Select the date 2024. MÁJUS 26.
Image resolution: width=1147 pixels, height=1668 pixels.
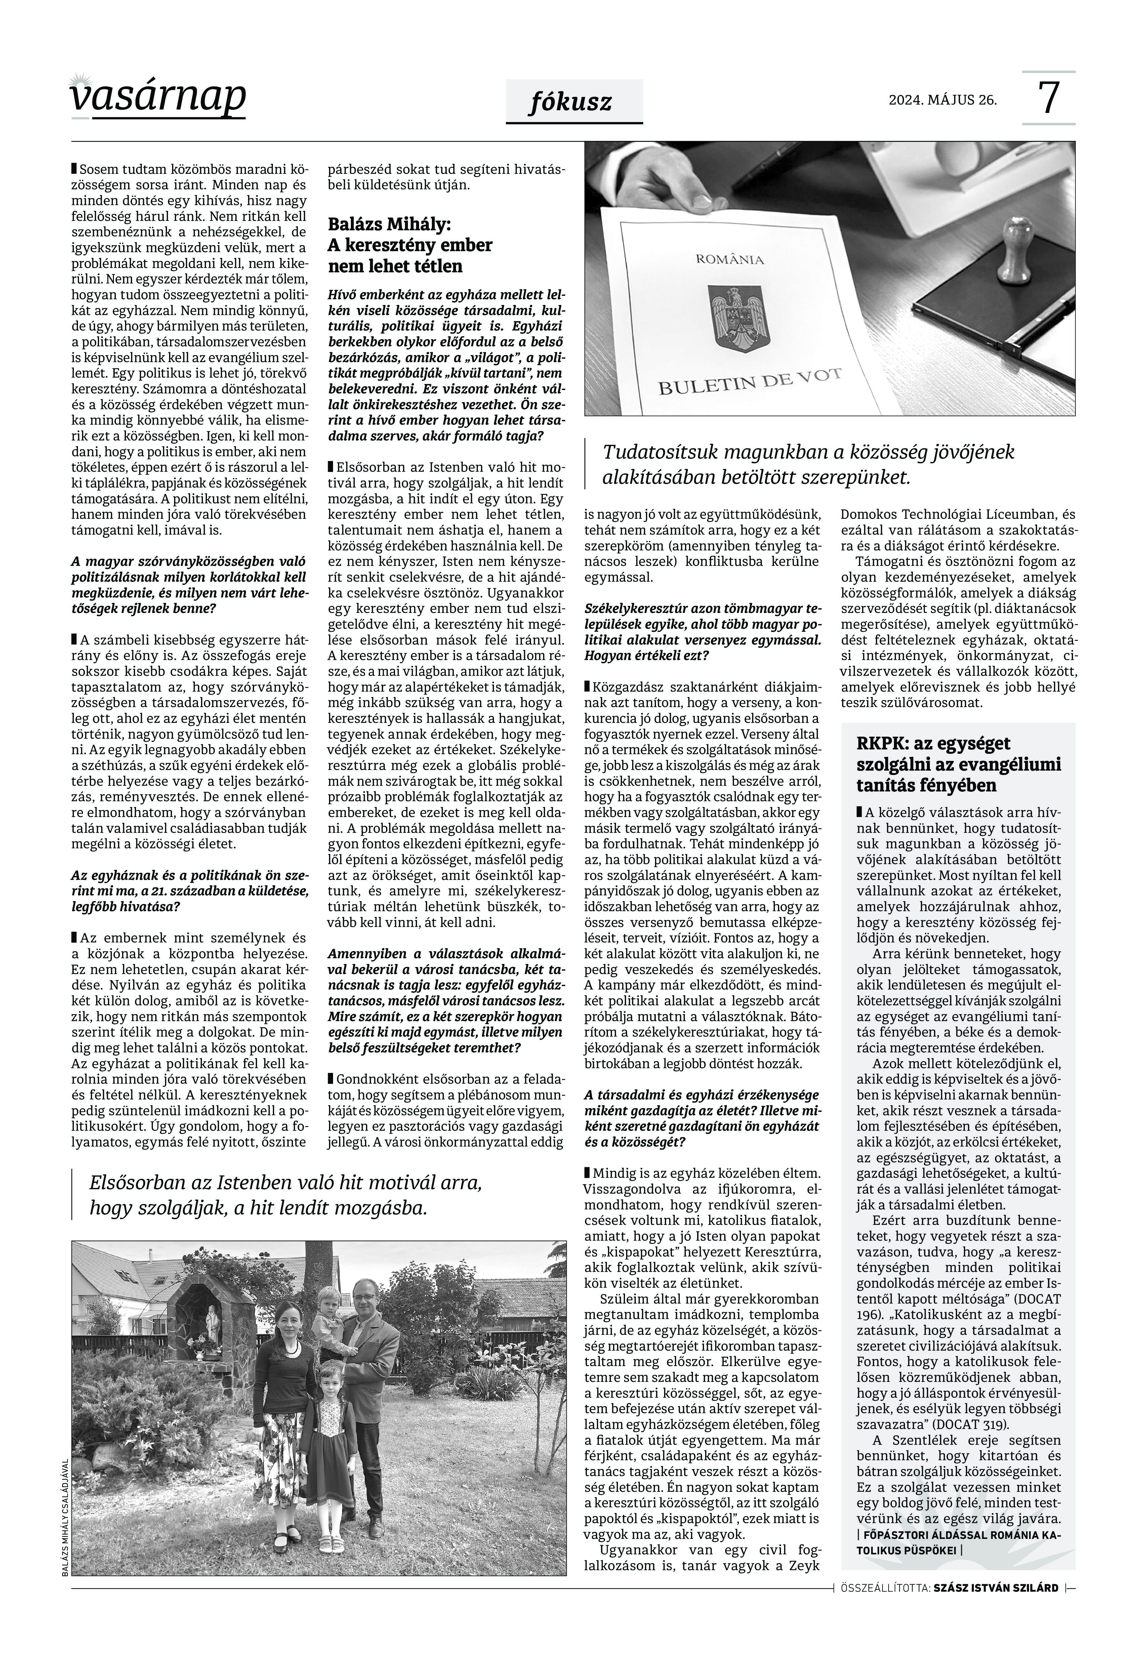[943, 100]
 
